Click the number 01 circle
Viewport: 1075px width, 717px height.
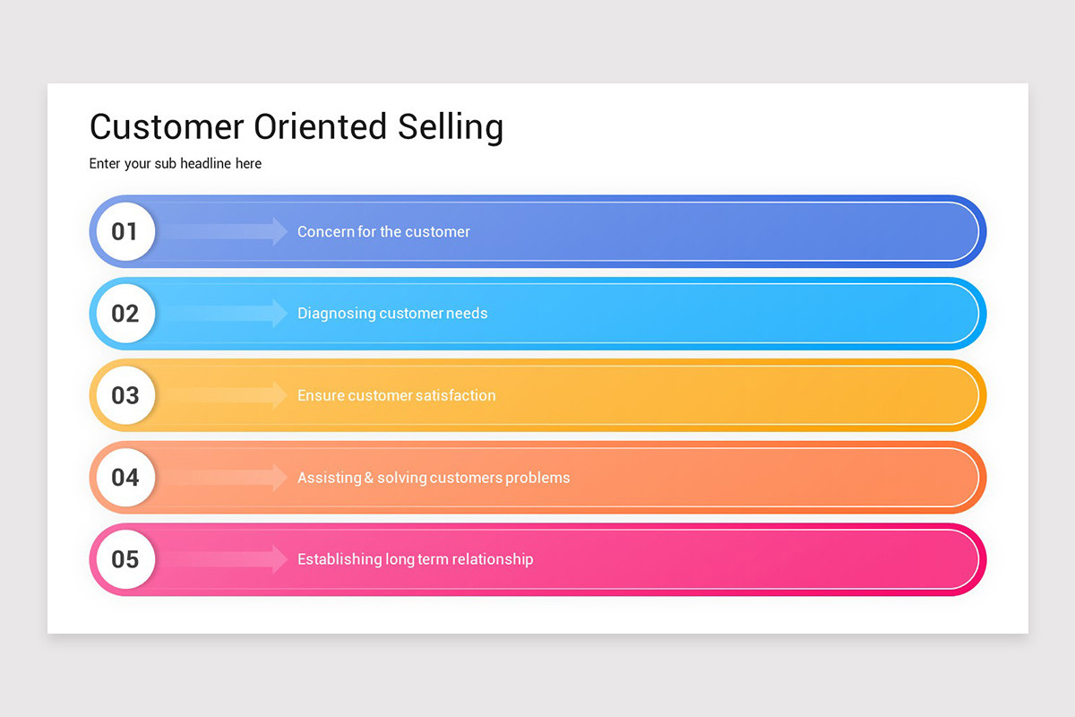125,231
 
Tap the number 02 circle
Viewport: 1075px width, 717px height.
125,314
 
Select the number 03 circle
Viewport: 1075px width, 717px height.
125,395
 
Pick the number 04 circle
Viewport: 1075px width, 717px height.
125,477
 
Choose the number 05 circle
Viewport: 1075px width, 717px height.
125,559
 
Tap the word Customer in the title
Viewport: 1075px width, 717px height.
167,127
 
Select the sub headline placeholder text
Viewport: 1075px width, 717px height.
176,164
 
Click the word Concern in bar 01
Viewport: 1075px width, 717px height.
326,232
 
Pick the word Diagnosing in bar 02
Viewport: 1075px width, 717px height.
337,314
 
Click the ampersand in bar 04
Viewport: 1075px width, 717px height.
369,478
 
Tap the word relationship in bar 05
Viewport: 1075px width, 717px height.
493,559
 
